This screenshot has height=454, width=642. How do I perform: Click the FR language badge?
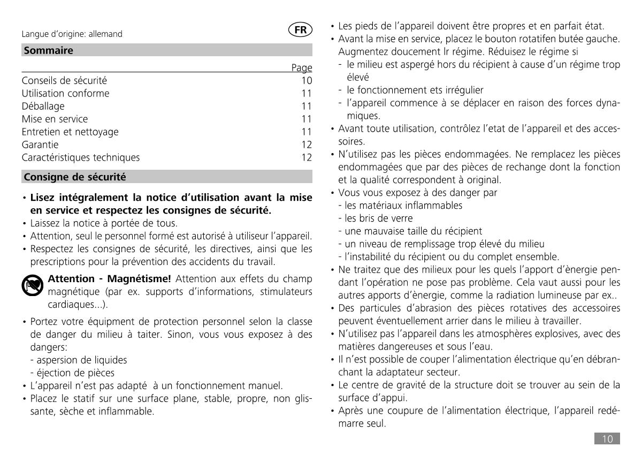[300, 31]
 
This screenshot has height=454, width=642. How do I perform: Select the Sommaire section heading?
[48, 50]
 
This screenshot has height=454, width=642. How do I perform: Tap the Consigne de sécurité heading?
[74, 177]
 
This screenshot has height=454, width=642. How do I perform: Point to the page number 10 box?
[607, 439]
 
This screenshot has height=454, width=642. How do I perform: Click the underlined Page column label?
[302, 68]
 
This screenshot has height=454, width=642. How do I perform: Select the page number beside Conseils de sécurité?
[306, 81]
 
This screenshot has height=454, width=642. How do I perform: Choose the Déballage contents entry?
[43, 106]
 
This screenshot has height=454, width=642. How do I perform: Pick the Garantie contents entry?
[40, 145]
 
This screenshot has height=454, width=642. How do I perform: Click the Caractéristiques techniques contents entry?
[80, 157]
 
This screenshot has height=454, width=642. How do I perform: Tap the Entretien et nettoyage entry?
[70, 132]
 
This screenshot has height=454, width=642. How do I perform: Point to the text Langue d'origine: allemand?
[72, 34]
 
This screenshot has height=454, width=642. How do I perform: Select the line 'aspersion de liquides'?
[78, 360]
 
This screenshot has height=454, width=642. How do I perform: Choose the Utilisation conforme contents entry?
[65, 93]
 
